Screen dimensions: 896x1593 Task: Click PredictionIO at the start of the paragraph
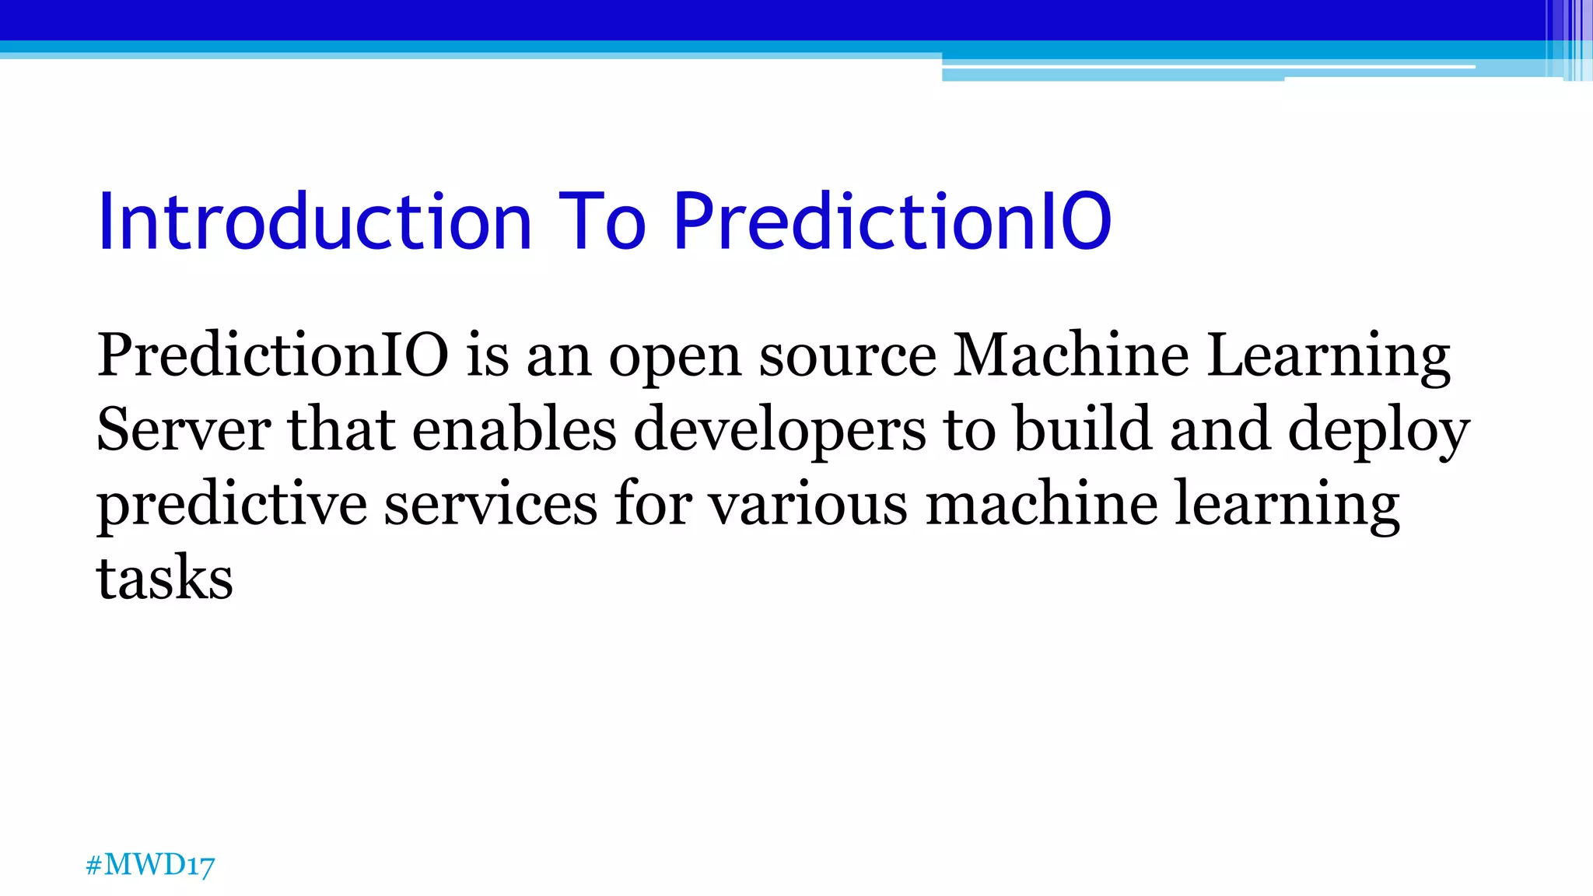point(272,355)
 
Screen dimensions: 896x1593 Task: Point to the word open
point(674,357)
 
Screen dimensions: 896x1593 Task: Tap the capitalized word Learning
point(1329,357)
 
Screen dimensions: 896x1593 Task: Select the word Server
point(184,429)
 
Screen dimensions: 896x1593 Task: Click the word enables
point(513,429)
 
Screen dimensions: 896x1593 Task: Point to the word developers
point(779,431)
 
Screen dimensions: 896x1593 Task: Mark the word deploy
point(1378,431)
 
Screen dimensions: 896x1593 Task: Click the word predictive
point(231,506)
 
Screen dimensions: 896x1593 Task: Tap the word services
point(491,504)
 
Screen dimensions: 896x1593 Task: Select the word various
point(807,504)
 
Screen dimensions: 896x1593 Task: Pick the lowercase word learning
point(1287,506)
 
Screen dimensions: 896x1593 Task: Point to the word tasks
point(164,578)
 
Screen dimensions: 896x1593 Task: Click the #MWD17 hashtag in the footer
point(150,865)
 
